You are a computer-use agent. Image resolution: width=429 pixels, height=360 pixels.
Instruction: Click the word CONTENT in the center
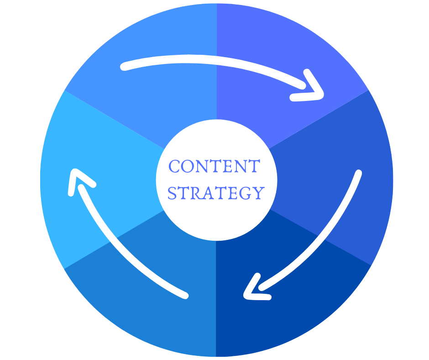click(x=214, y=167)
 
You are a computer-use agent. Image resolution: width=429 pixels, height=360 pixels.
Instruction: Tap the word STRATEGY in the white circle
click(x=216, y=193)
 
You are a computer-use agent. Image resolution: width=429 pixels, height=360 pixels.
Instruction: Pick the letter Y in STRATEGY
click(x=258, y=193)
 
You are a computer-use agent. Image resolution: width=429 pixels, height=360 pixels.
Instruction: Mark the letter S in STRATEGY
click(x=172, y=193)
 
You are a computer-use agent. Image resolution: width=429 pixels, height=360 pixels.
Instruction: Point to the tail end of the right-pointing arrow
click(x=124, y=67)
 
